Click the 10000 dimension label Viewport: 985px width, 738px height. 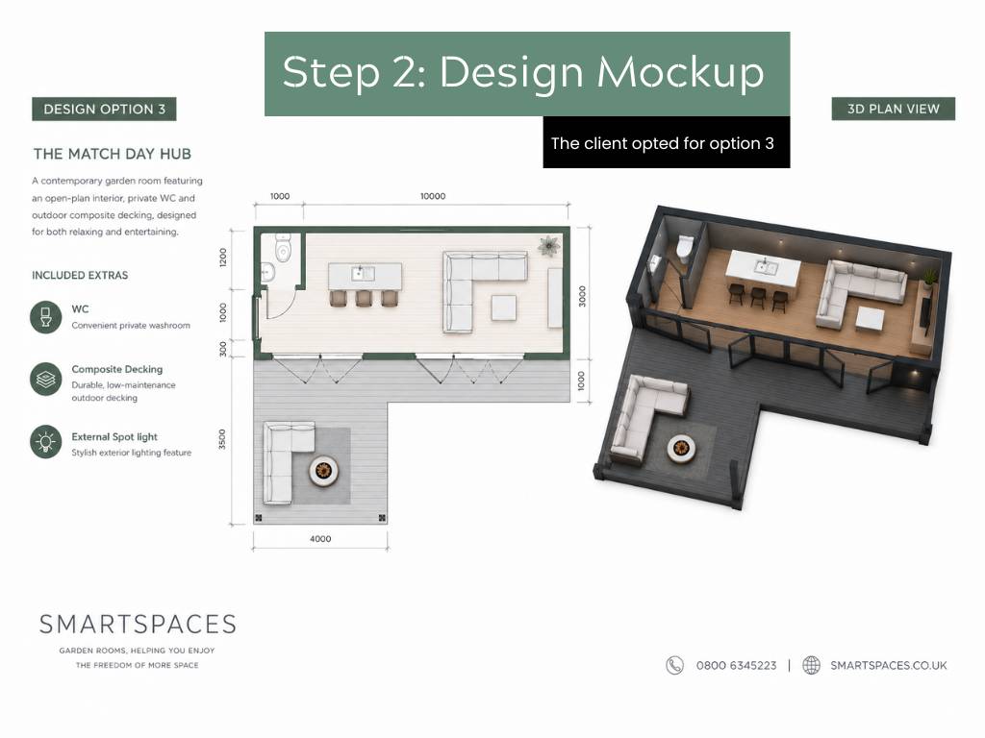pyautogui.click(x=433, y=196)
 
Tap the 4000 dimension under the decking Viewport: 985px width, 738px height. pyautogui.click(x=320, y=539)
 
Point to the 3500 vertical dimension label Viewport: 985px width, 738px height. pyautogui.click(x=222, y=439)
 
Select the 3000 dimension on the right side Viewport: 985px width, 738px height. pyautogui.click(x=582, y=296)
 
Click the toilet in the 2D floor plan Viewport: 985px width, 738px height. pyautogui.click(x=284, y=247)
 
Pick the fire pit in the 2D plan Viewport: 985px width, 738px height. pyautogui.click(x=323, y=470)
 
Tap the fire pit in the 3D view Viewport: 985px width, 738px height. pyautogui.click(x=680, y=448)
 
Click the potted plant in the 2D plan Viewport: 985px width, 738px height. pyautogui.click(x=549, y=246)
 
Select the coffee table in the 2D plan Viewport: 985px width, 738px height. pyautogui.click(x=504, y=307)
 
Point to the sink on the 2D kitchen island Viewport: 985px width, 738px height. pyautogui.click(x=363, y=274)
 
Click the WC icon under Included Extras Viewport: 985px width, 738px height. pyautogui.click(x=46, y=316)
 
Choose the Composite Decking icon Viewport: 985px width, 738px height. pyautogui.click(x=46, y=379)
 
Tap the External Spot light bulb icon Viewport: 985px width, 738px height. pyautogui.click(x=46, y=442)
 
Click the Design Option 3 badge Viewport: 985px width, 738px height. pyautogui.click(x=104, y=110)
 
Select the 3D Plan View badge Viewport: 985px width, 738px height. pyautogui.click(x=894, y=109)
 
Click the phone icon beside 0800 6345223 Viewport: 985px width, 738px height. pyautogui.click(x=674, y=665)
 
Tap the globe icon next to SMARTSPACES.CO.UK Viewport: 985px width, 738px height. pyautogui.click(x=812, y=665)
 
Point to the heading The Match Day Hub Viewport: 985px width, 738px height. pyautogui.click(x=113, y=154)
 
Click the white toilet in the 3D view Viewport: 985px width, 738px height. pyautogui.click(x=684, y=248)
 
